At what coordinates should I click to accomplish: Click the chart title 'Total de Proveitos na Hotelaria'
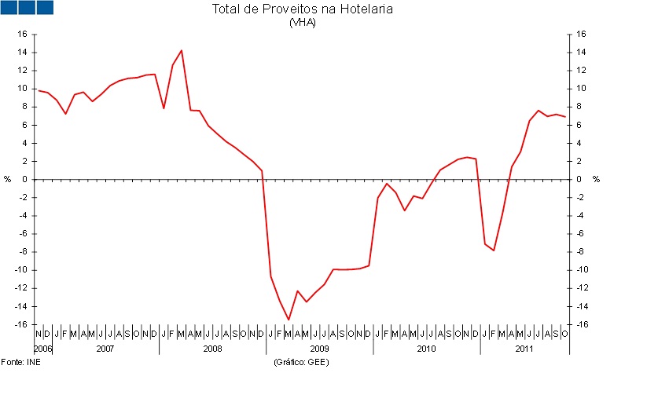click(302, 9)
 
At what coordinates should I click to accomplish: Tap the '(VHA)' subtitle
click(302, 22)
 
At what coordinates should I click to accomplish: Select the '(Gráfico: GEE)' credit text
click(301, 362)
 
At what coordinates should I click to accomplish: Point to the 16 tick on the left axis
click(22, 35)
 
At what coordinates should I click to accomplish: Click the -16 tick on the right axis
click(581, 324)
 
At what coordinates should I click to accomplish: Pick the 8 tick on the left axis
click(24, 107)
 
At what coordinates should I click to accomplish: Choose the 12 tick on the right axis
click(581, 71)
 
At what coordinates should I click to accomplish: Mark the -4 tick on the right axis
click(581, 216)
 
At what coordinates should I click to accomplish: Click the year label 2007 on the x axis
click(105, 347)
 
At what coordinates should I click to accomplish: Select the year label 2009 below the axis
click(319, 347)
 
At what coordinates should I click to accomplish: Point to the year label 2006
click(42, 347)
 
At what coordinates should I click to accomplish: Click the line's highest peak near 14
click(182, 50)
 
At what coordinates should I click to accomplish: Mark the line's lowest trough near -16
click(289, 320)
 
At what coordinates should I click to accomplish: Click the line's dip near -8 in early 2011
click(493, 250)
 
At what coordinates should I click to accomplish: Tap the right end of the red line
click(565, 117)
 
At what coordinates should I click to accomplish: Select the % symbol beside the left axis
click(8, 179)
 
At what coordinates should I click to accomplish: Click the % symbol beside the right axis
click(596, 179)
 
